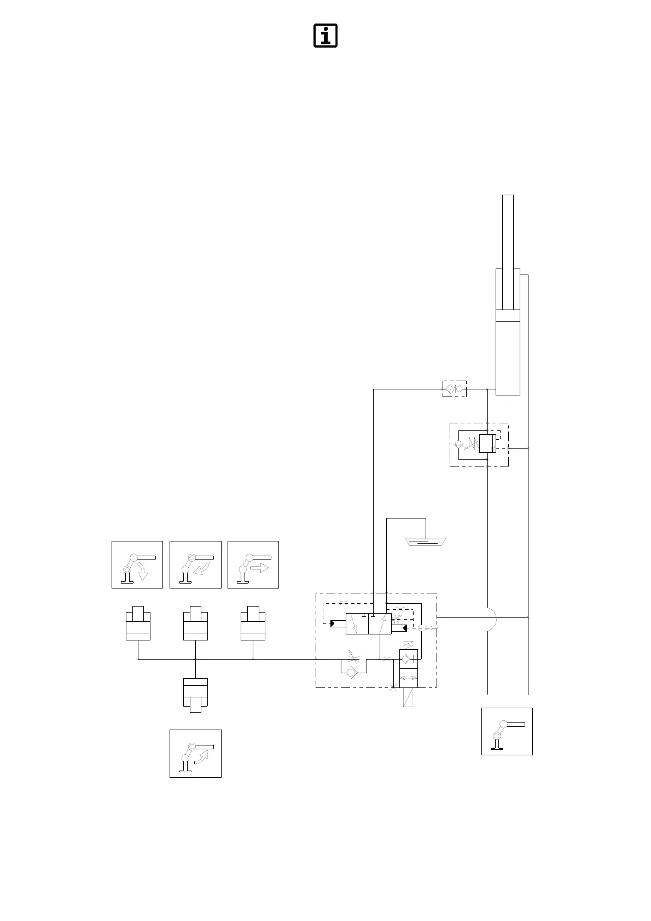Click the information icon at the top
pyautogui.click(x=325, y=36)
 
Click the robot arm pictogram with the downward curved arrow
pyautogui.click(x=137, y=564)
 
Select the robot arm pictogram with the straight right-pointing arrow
pyautogui.click(x=253, y=564)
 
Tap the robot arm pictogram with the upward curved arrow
pyautogui.click(x=195, y=753)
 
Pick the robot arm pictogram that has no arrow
pyautogui.click(x=507, y=731)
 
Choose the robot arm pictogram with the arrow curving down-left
pyautogui.click(x=195, y=564)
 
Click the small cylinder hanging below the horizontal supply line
pyautogui.click(x=195, y=695)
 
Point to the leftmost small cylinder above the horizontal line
pyautogui.click(x=138, y=623)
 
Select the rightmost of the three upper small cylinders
pyautogui.click(x=253, y=623)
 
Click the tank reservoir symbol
pyautogui.click(x=425, y=541)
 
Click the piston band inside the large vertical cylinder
pyautogui.click(x=508, y=316)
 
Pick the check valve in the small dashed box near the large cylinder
pyautogui.click(x=455, y=389)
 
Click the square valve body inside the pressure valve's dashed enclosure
pyautogui.click(x=487, y=444)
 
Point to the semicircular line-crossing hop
pyautogui.click(x=491, y=617)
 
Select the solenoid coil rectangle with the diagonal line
pyautogui.click(x=408, y=697)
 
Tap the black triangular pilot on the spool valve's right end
pyautogui.click(x=404, y=627)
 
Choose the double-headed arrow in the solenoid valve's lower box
pyautogui.click(x=409, y=678)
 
